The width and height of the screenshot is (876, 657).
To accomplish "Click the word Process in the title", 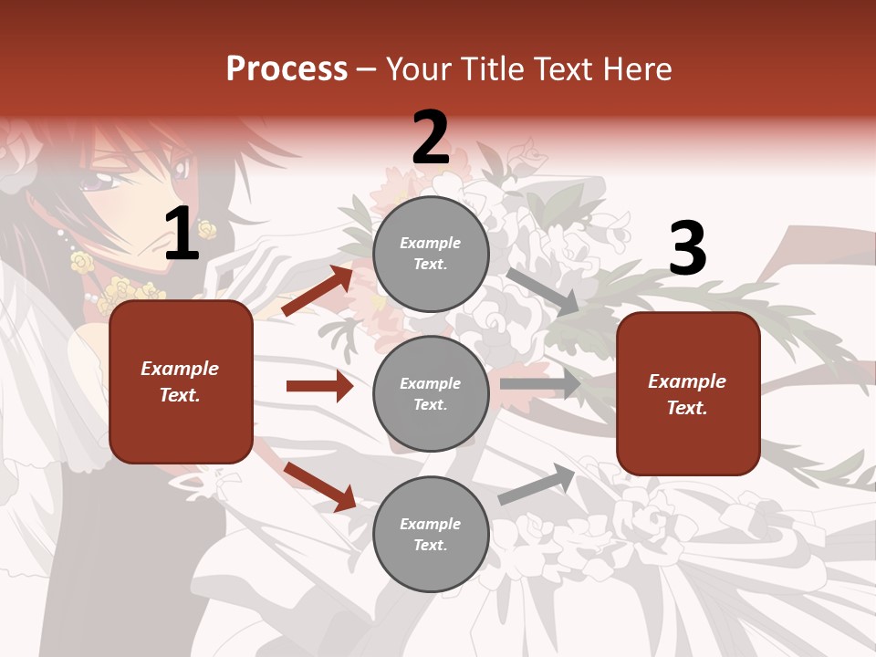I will [x=287, y=69].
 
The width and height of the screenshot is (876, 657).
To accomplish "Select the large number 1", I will [x=182, y=235].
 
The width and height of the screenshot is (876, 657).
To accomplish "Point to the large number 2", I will [x=431, y=138].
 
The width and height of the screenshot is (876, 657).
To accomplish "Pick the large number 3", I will [x=687, y=249].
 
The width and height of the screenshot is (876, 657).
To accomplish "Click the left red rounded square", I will [x=181, y=381].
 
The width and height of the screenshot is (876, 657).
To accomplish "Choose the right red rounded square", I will [x=688, y=393].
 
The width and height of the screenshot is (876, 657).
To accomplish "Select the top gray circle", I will [x=431, y=254].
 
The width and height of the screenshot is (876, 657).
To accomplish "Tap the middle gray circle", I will [x=431, y=393].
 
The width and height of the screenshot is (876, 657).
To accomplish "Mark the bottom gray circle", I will [x=431, y=534].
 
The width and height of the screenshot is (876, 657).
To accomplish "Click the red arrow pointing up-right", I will [x=318, y=291].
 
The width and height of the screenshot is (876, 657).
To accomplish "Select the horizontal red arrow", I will [x=319, y=386].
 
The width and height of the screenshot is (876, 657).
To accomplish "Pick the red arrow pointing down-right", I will [x=319, y=486].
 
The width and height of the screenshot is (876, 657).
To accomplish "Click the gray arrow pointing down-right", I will [x=542, y=291].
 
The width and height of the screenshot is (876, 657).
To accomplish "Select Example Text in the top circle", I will [x=431, y=254].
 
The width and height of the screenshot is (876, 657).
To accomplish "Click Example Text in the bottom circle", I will [x=431, y=535].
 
